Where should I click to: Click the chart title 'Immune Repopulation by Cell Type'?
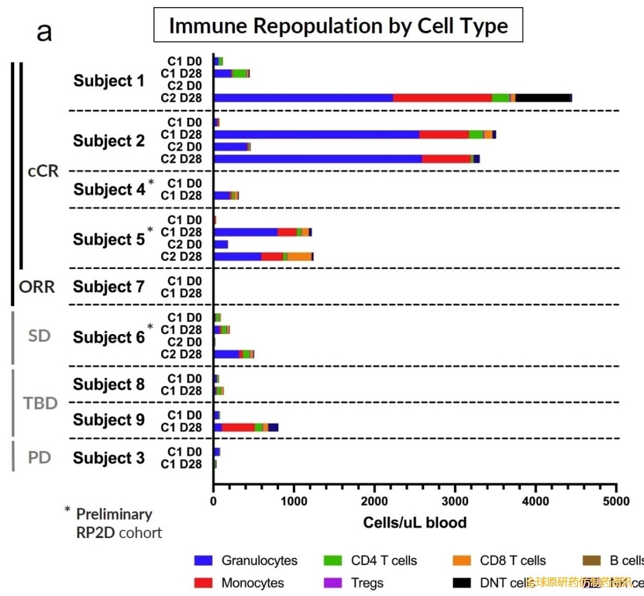pos(338,26)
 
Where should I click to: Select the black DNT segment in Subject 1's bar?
pos(543,98)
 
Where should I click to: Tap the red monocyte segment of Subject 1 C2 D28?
pos(442,98)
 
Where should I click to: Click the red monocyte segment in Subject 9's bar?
pos(238,427)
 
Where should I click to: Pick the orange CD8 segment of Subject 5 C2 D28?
pos(299,257)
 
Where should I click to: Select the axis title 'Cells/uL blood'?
pos(414,523)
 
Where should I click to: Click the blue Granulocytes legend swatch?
pos(203,561)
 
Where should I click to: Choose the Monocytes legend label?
pos(252,583)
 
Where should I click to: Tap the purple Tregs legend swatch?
pos(333,583)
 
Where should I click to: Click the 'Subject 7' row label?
pos(109,287)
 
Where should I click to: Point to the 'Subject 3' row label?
pos(109,458)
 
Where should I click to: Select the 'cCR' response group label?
pos(44,171)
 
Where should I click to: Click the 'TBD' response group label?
pos(41,403)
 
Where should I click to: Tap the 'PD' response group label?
pos(39,458)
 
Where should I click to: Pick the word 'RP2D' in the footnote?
pos(95,532)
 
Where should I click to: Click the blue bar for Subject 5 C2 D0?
pos(221,245)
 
